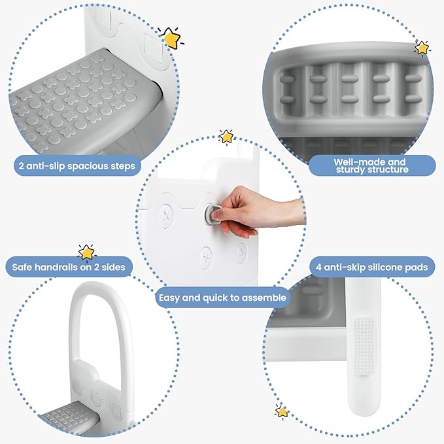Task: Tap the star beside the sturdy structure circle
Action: pyautogui.click(x=422, y=48)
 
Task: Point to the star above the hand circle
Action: pyautogui.click(x=226, y=136)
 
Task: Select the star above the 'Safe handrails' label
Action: pyautogui.click(x=86, y=252)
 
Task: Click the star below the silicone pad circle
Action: pyautogui.click(x=282, y=412)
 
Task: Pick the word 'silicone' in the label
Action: pyautogui.click(x=381, y=267)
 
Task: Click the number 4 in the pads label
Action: pyautogui.click(x=318, y=267)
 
